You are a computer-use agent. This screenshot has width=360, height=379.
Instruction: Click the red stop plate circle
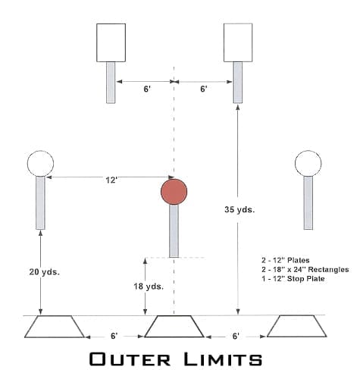click(174, 192)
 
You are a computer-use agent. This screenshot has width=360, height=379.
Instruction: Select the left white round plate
click(40, 163)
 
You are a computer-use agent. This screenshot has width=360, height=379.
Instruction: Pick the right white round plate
click(308, 163)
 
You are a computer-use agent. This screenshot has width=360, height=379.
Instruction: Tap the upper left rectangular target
click(111, 42)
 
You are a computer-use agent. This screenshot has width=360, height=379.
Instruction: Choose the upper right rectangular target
click(238, 42)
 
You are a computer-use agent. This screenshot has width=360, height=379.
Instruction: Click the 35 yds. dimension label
click(239, 209)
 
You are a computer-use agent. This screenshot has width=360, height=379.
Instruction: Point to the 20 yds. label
click(45, 272)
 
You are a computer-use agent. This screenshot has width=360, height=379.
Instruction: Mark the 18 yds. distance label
click(149, 287)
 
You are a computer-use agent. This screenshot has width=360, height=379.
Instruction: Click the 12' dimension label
click(111, 180)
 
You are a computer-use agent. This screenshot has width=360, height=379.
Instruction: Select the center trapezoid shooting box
click(174, 326)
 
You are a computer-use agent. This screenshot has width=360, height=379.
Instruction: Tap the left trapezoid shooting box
click(55, 327)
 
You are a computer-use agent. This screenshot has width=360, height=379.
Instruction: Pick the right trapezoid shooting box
click(297, 326)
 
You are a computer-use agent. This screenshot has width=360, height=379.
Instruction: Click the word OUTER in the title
click(130, 359)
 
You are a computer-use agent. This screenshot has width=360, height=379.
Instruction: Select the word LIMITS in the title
click(223, 359)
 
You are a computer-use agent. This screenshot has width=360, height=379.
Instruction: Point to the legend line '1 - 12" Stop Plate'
click(293, 279)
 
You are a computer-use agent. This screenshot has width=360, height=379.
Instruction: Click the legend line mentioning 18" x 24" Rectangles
click(305, 270)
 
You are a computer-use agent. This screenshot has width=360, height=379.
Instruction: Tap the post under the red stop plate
click(174, 231)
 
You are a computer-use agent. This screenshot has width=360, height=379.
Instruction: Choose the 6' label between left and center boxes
click(114, 336)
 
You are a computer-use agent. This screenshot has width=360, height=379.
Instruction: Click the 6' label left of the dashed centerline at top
click(147, 89)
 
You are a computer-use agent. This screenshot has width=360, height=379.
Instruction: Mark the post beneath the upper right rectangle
click(237, 83)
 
